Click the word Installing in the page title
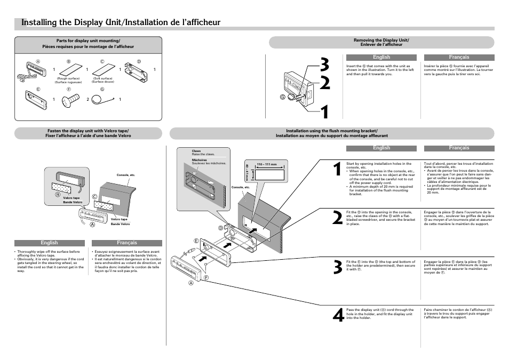(39, 22)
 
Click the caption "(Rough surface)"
(68, 78)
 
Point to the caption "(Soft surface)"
(102, 78)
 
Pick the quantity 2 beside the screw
(88, 100)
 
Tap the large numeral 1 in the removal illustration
(322, 112)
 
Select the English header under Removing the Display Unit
(381, 57)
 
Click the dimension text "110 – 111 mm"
(267, 164)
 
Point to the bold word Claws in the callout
(196, 151)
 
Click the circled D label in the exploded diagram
(220, 228)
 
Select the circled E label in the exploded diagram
(196, 242)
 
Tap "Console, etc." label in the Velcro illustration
(126, 175)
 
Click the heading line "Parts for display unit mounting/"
(89, 41)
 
